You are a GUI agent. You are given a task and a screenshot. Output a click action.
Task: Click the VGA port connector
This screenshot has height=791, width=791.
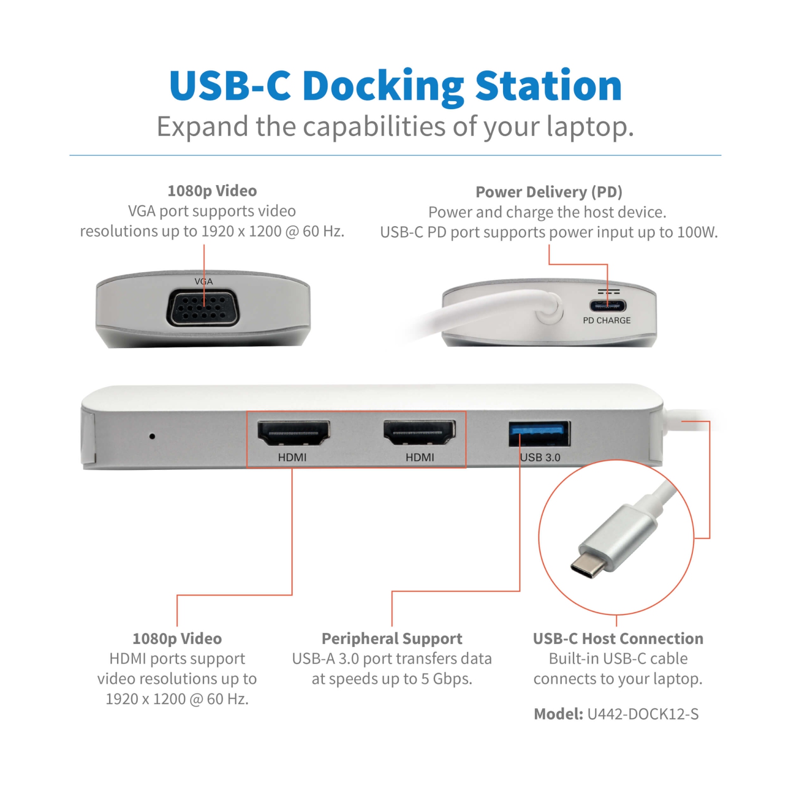click(203, 308)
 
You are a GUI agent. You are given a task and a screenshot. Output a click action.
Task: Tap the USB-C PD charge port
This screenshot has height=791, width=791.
click(607, 305)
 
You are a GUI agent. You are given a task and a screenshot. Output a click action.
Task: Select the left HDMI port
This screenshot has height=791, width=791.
click(293, 433)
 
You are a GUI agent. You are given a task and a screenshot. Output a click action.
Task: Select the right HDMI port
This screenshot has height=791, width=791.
click(419, 433)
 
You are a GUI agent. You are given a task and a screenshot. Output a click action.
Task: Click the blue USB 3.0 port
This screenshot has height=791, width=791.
click(539, 433)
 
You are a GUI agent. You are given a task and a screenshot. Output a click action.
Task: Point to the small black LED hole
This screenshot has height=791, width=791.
click(152, 436)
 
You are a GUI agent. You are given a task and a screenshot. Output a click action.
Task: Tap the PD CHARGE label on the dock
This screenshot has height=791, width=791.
click(606, 320)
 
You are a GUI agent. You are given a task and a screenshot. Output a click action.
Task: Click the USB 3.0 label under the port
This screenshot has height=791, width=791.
click(540, 457)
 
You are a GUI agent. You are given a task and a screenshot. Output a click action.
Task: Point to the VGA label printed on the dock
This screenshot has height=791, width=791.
click(204, 282)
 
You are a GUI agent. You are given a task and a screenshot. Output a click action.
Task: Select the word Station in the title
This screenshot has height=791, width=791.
click(548, 86)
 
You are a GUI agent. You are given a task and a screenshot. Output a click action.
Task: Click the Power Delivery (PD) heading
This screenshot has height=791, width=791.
click(549, 192)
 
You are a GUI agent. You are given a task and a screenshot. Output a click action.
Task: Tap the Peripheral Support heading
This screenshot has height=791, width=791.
click(392, 639)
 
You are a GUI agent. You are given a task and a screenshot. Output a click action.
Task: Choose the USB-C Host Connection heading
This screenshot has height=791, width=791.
click(618, 639)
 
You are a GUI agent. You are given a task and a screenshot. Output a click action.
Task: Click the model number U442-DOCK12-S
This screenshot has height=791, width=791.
click(643, 714)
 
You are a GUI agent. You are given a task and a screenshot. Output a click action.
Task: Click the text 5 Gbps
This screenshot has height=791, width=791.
click(446, 679)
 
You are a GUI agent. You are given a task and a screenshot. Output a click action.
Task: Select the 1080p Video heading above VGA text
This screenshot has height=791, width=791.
click(212, 191)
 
